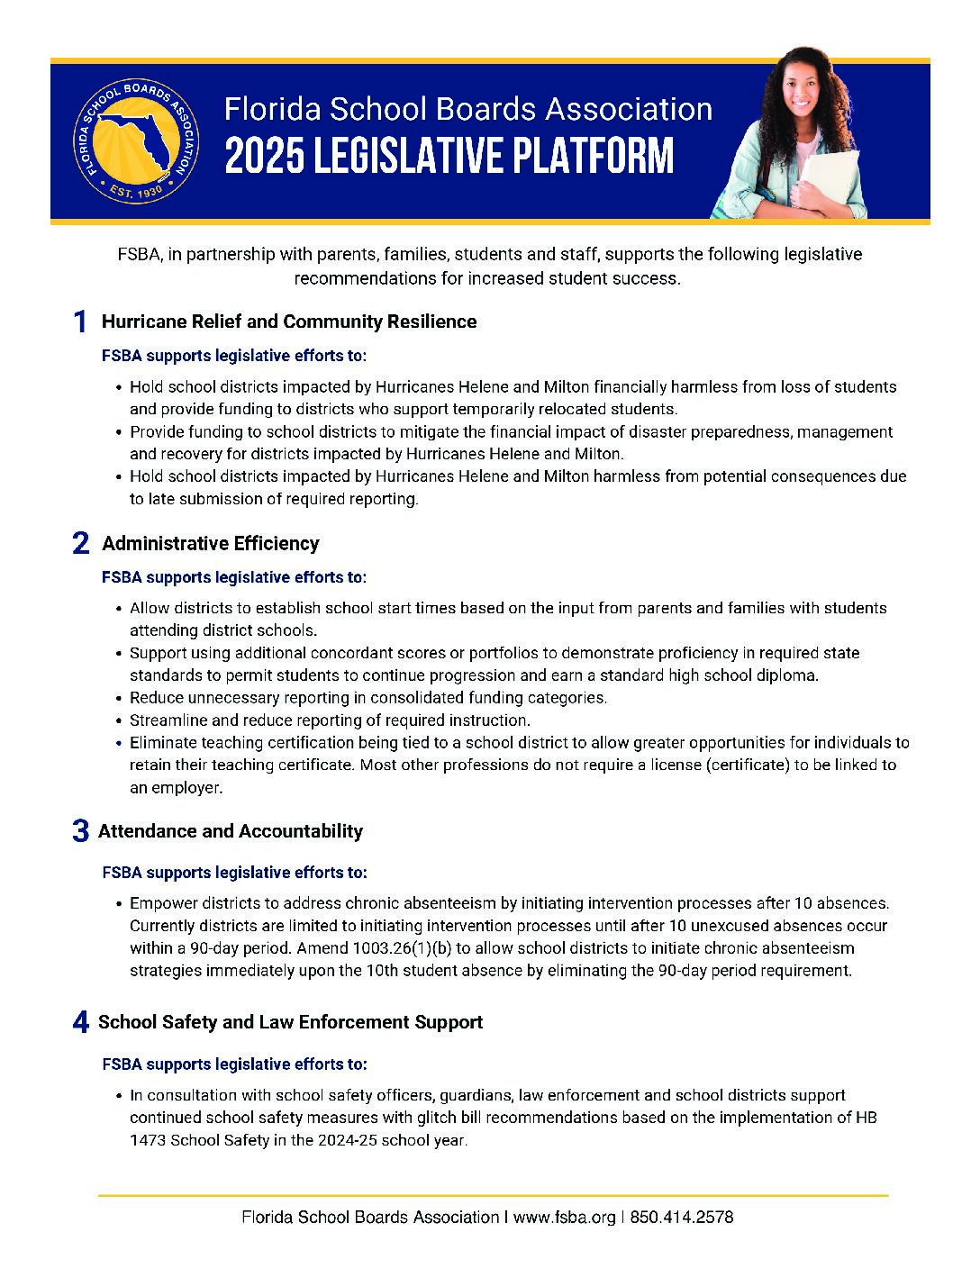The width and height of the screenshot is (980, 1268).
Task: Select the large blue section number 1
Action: click(80, 322)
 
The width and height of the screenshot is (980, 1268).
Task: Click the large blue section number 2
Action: click(80, 544)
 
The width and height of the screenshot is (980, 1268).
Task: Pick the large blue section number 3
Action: click(80, 831)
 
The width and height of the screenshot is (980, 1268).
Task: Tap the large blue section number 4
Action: click(80, 1022)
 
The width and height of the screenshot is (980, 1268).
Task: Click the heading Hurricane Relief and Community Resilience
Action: click(289, 322)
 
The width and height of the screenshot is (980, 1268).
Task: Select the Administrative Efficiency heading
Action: click(211, 543)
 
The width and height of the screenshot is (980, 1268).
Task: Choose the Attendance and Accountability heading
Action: click(231, 830)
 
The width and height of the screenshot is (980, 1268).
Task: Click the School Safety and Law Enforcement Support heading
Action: click(290, 1021)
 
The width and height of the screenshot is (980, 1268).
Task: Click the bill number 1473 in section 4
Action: click(148, 1140)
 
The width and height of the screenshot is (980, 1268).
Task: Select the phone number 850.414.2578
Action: click(682, 1218)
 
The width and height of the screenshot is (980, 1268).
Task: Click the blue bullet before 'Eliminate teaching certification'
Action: click(119, 744)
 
